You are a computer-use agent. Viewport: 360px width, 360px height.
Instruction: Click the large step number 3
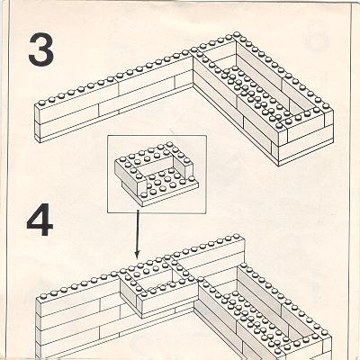[x=41, y=49]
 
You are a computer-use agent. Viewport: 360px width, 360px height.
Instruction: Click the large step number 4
[x=40, y=220]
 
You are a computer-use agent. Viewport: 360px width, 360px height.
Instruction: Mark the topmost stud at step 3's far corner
[x=237, y=34]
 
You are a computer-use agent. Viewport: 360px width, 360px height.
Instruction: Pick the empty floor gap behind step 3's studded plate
[x=220, y=56]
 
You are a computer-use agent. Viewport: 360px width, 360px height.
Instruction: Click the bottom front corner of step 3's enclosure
[x=279, y=166]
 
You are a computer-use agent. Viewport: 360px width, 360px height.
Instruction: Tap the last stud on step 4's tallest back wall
[x=237, y=237]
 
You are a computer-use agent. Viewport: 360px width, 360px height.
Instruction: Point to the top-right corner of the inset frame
[x=207, y=135]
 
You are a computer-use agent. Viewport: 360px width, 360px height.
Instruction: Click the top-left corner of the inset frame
[x=108, y=135]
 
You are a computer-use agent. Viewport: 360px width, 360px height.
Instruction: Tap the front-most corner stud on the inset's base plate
[x=145, y=195]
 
